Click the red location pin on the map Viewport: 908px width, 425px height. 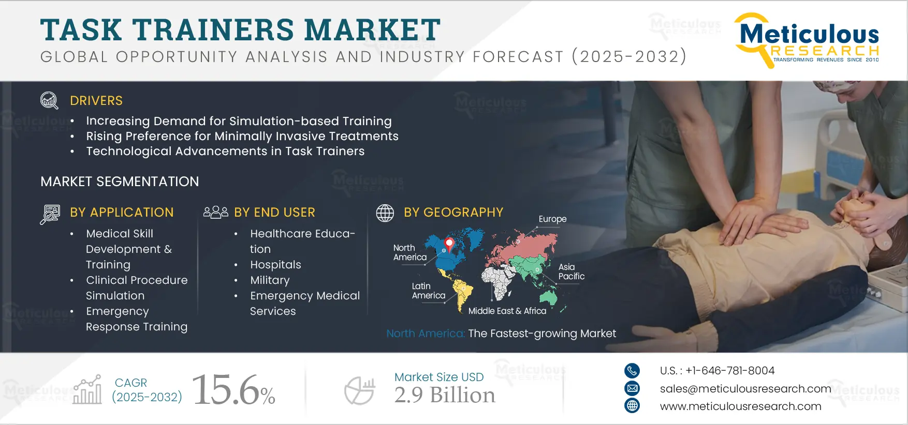pyautogui.click(x=449, y=244)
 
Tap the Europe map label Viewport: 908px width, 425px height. pyautogui.click(x=552, y=219)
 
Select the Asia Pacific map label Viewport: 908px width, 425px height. pyautogui.click(x=572, y=271)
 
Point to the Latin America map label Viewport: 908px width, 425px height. pyautogui.click(x=429, y=291)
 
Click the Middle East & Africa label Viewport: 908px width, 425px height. pyautogui.click(x=507, y=311)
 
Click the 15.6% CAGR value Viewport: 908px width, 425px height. pyautogui.click(x=233, y=390)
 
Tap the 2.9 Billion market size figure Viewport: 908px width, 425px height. pyautogui.click(x=445, y=395)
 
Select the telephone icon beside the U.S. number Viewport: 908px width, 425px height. pyautogui.click(x=632, y=371)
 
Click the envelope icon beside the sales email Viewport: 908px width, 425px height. pyautogui.click(x=632, y=388)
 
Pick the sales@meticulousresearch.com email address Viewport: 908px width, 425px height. pyautogui.click(x=745, y=389)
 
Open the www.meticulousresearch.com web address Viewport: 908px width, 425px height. pyautogui.click(x=740, y=406)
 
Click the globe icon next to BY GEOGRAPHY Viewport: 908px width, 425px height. pyautogui.click(x=385, y=213)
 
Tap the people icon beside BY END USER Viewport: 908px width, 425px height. pyautogui.click(x=216, y=212)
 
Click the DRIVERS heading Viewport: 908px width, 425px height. pyautogui.click(x=96, y=101)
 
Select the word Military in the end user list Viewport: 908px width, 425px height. pyautogui.click(x=270, y=280)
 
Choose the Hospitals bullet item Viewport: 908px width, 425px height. pyautogui.click(x=275, y=265)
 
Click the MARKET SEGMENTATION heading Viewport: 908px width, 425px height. pyautogui.click(x=120, y=181)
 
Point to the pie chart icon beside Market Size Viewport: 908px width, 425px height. pyautogui.click(x=360, y=390)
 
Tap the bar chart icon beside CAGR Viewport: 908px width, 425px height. pyautogui.click(x=87, y=390)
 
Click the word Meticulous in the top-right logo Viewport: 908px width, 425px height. pyautogui.click(x=810, y=34)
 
